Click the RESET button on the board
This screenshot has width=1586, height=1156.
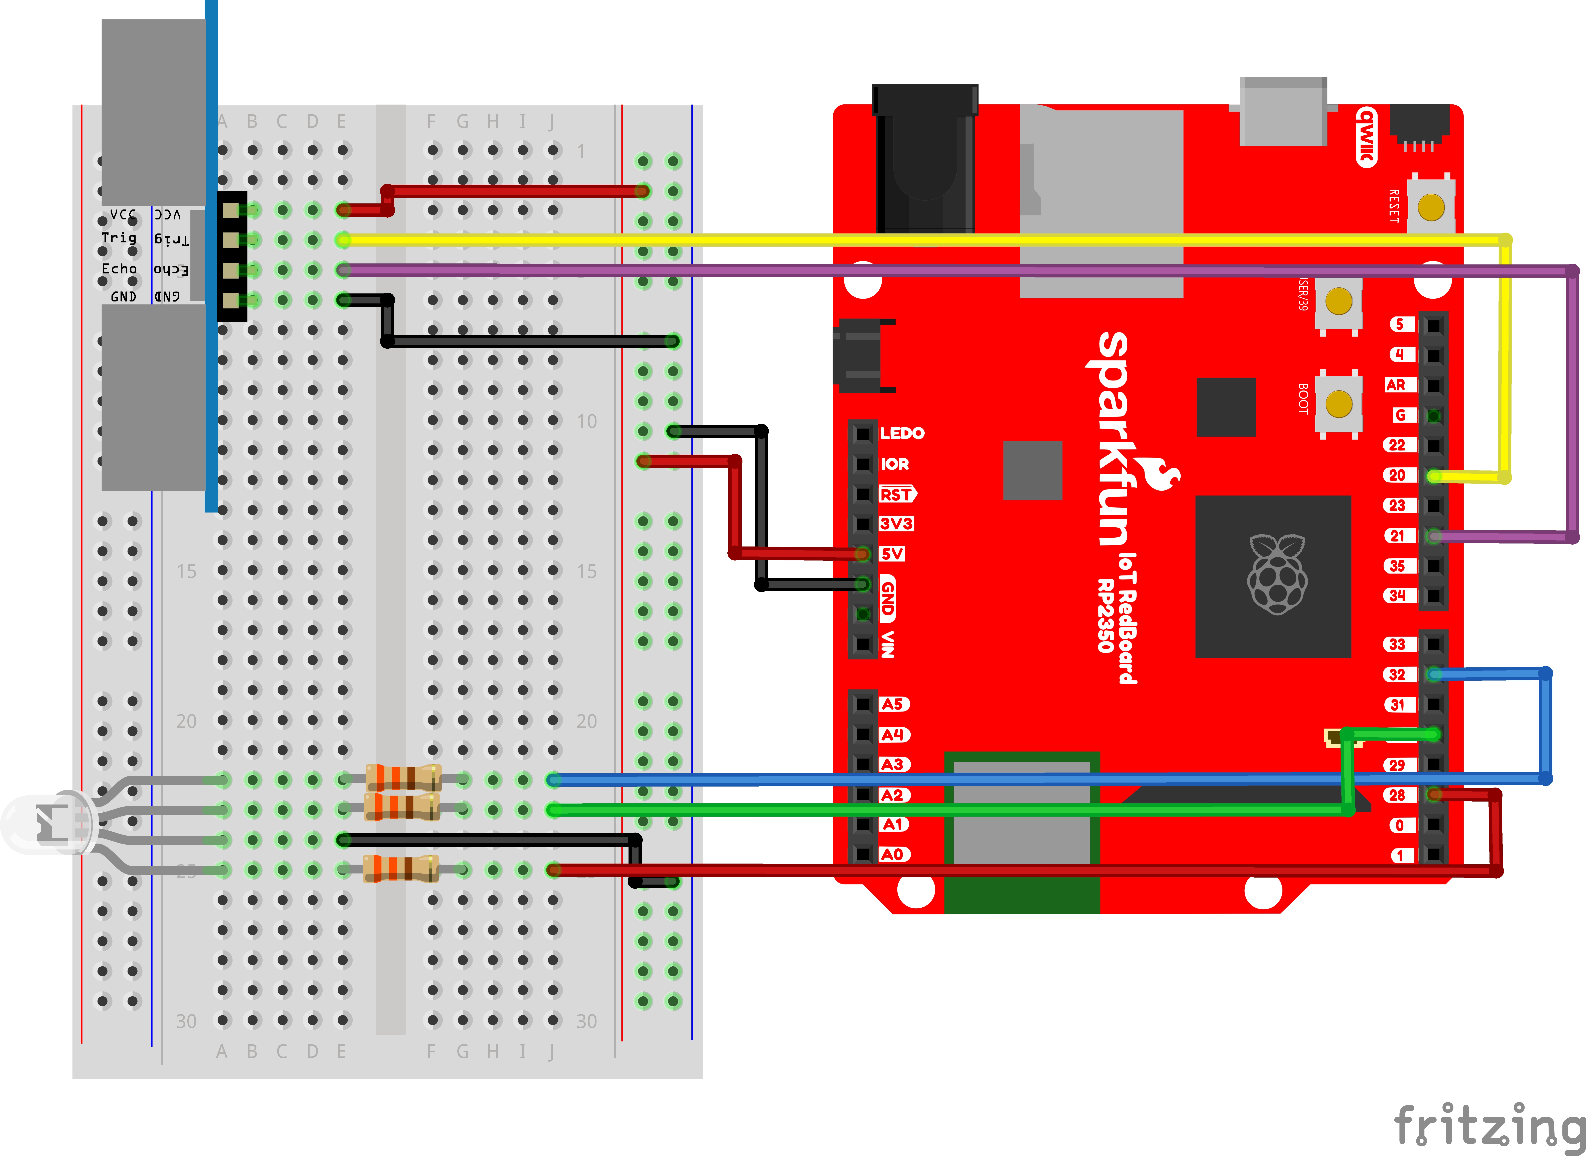1431,207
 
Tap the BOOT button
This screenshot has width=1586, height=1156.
1338,404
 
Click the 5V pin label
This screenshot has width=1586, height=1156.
892,553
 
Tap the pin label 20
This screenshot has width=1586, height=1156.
1398,475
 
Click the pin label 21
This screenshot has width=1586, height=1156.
1398,535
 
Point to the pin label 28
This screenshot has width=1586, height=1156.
1398,795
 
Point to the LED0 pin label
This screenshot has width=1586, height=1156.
902,433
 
